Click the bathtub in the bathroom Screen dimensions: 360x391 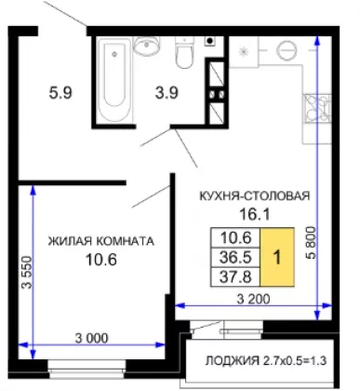114,80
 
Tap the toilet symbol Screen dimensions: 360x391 184,52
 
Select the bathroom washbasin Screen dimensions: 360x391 147,46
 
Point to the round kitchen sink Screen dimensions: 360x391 287,50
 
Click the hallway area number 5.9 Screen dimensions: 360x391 60,92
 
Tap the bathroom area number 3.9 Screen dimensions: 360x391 167,92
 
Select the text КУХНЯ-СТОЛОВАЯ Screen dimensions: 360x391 254,195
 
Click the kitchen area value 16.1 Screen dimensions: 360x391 255,214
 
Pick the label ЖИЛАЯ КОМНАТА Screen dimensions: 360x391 101,241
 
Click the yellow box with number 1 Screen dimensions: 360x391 277,257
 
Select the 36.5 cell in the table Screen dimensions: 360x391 235,257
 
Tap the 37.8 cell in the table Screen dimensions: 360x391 235,276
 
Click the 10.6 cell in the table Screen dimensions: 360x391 235,238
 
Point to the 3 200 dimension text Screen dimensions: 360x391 253,299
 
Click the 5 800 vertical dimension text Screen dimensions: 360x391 311,243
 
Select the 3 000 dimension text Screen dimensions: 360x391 92,338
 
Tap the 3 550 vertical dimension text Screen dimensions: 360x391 27,272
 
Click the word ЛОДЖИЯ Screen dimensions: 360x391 233,360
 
